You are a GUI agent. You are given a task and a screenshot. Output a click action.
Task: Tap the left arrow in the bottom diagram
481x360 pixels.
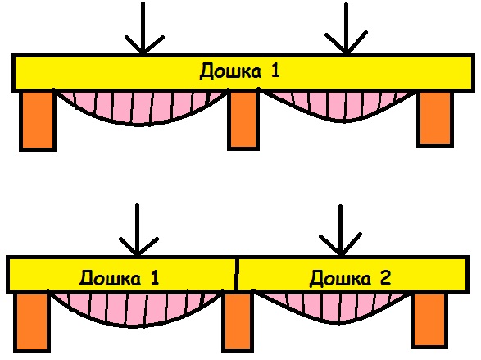pos(138,230)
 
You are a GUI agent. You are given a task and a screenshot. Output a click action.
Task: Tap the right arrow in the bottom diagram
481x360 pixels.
pos(340,230)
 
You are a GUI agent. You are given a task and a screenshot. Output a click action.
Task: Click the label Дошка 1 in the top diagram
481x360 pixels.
pos(239,71)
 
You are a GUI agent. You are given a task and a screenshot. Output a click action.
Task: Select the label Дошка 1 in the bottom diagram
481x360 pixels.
pos(119,278)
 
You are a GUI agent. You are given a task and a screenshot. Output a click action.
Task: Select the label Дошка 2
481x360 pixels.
pos(350,278)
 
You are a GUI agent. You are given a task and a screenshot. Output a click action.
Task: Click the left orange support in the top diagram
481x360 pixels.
pos(38,121)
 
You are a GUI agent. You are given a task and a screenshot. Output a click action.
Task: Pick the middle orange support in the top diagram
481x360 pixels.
pos(243,120)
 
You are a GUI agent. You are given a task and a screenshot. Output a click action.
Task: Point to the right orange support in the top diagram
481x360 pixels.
pos(435,119)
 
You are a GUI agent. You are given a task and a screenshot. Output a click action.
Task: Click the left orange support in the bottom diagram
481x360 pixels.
pos(32,323)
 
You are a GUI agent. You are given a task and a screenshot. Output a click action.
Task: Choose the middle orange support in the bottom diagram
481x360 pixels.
pos(238,322)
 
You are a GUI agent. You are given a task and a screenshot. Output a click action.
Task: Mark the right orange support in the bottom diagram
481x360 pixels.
pos(429,321)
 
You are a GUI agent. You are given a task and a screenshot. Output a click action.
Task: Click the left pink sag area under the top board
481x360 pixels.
pos(140,108)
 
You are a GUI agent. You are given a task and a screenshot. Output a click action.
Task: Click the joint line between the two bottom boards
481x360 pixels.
pos(237,274)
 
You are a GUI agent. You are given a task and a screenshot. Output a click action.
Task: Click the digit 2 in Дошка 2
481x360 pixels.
pos(384,278)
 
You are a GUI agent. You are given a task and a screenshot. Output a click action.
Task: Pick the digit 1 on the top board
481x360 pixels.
pos(275,70)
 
